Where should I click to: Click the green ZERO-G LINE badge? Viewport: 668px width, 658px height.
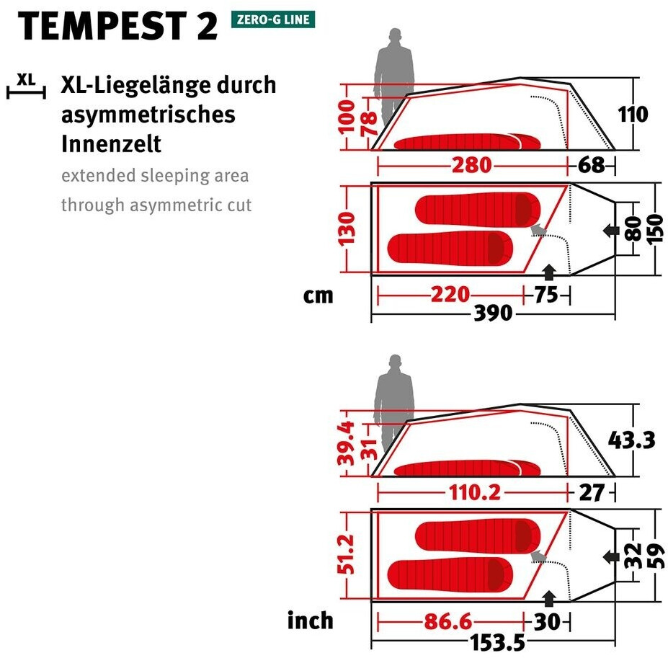[x=273, y=19]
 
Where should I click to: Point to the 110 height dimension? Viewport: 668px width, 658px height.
[x=633, y=115]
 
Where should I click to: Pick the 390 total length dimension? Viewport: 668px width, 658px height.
[x=493, y=314]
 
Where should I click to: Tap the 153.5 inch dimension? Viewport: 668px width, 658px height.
[x=493, y=641]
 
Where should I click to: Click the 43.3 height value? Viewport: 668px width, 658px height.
[x=632, y=440]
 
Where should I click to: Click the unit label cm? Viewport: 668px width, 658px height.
[x=319, y=295]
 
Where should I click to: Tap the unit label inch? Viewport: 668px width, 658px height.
[x=311, y=621]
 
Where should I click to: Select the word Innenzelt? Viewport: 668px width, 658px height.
[x=111, y=143]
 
